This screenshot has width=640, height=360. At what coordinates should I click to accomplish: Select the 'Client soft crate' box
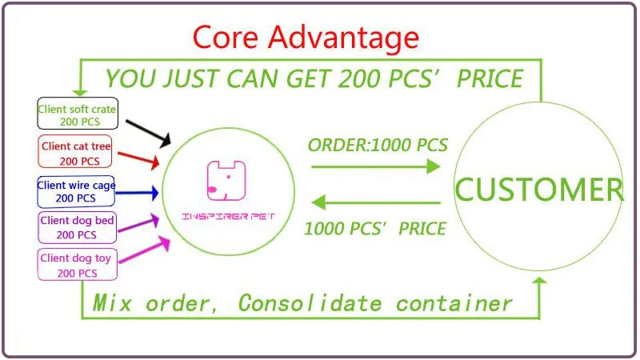click(x=78, y=114)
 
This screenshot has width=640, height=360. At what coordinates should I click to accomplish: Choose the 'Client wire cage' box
click(x=76, y=192)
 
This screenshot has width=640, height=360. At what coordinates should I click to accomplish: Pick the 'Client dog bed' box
click(x=77, y=227)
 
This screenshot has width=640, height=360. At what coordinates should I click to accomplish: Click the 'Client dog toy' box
click(x=77, y=265)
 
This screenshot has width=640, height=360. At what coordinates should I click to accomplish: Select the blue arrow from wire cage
click(x=139, y=192)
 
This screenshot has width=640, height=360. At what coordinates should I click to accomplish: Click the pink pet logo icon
click(x=225, y=181)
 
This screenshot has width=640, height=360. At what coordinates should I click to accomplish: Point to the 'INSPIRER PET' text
click(x=225, y=217)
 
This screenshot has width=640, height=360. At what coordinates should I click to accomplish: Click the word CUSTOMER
click(x=538, y=190)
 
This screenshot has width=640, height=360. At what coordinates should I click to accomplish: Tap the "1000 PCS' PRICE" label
click(x=374, y=228)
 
